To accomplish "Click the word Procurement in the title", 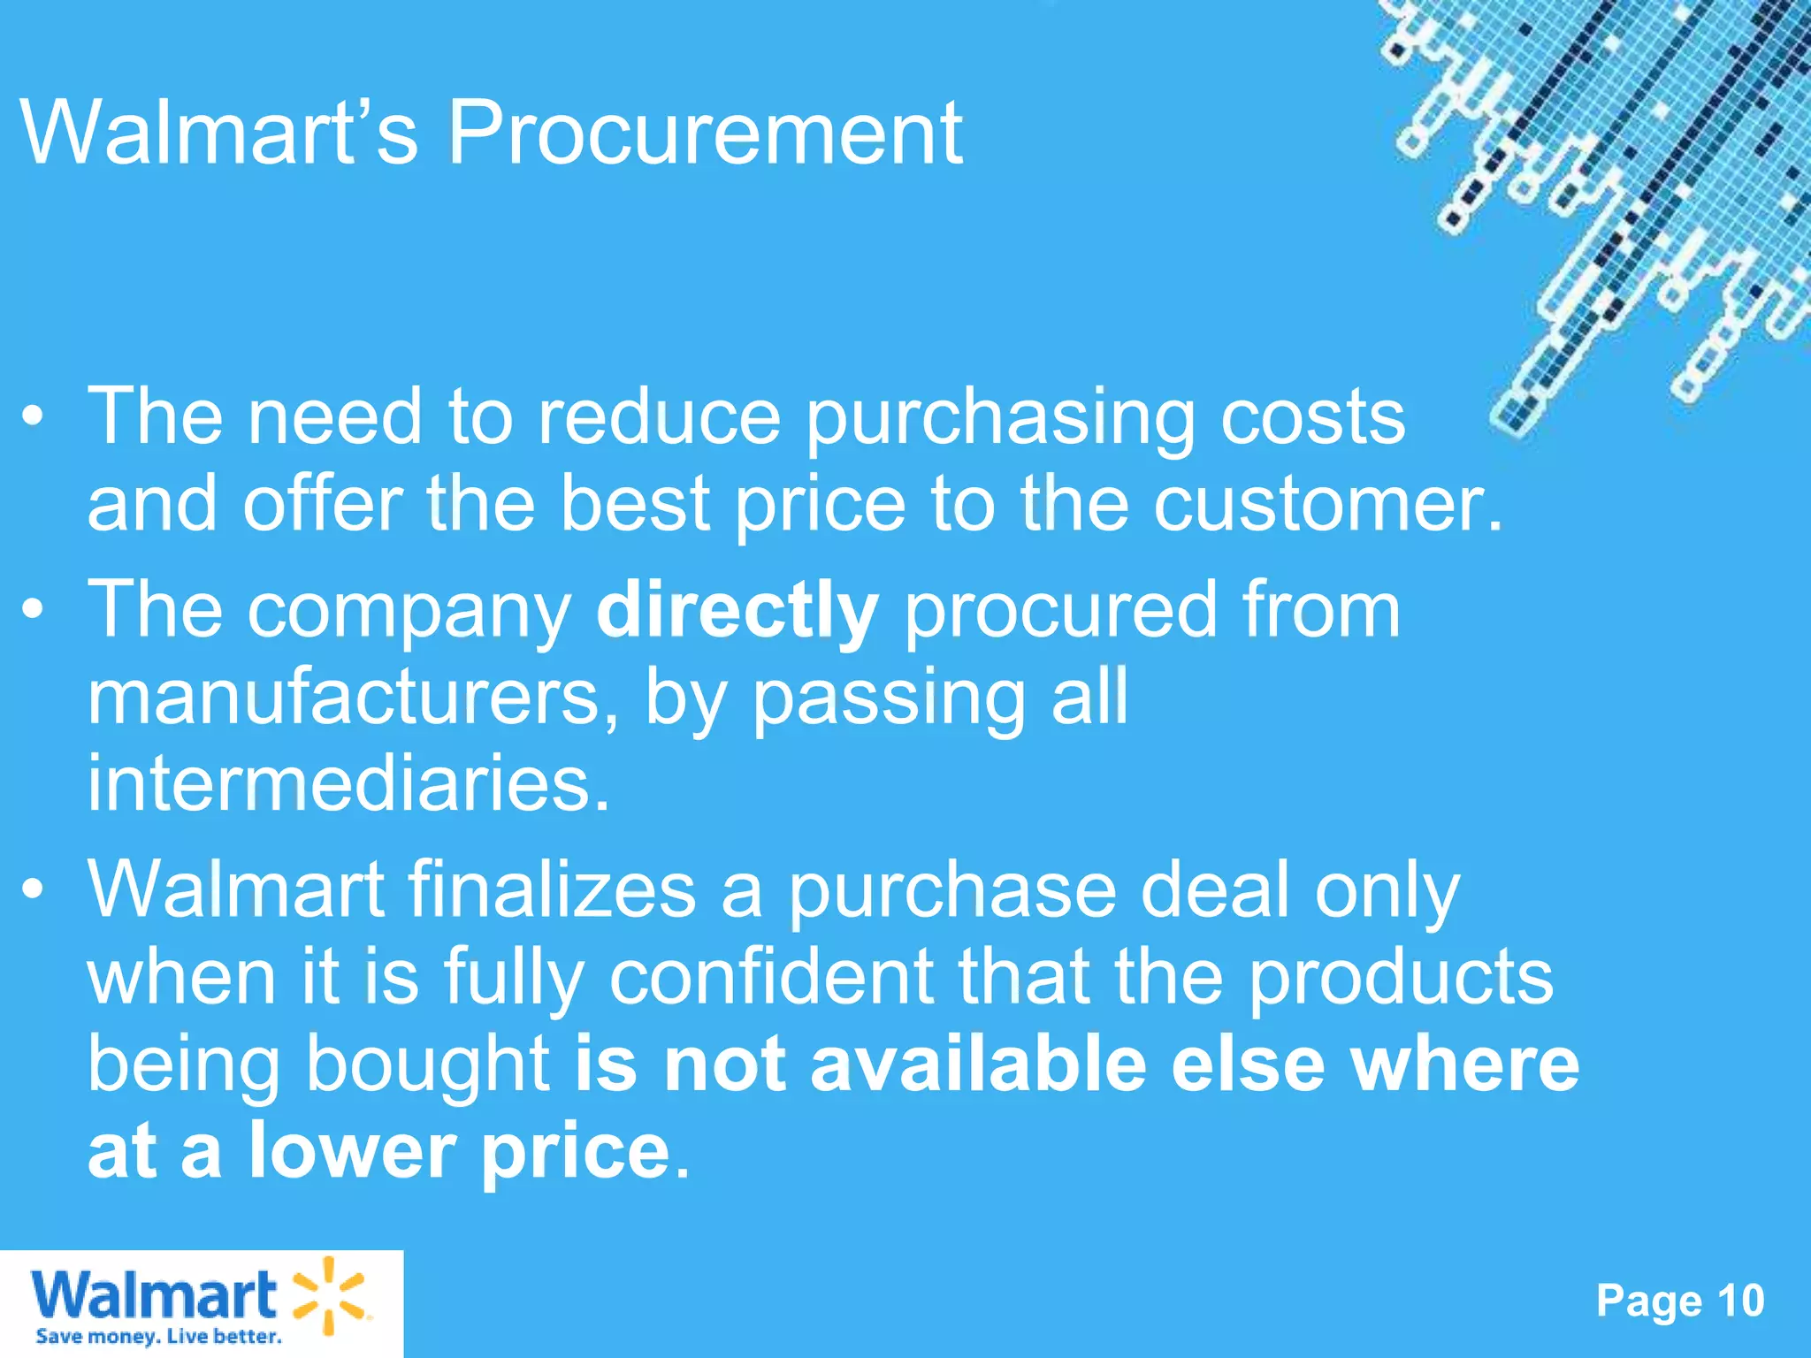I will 706,134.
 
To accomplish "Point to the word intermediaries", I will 348,783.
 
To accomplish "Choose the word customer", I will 1327,505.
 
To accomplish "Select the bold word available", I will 978,1064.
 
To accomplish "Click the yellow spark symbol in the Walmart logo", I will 327,1294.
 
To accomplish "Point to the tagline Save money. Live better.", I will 159,1337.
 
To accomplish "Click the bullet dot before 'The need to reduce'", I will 33,417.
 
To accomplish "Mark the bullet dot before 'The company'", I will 33,610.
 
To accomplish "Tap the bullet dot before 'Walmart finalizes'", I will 33,891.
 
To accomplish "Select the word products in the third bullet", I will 1401,978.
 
